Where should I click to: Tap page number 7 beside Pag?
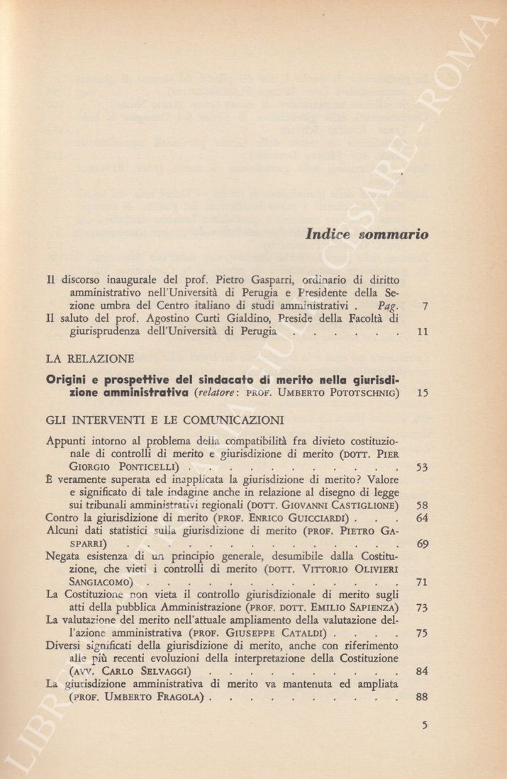tap(423, 307)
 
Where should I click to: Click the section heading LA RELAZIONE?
tap(89, 358)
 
